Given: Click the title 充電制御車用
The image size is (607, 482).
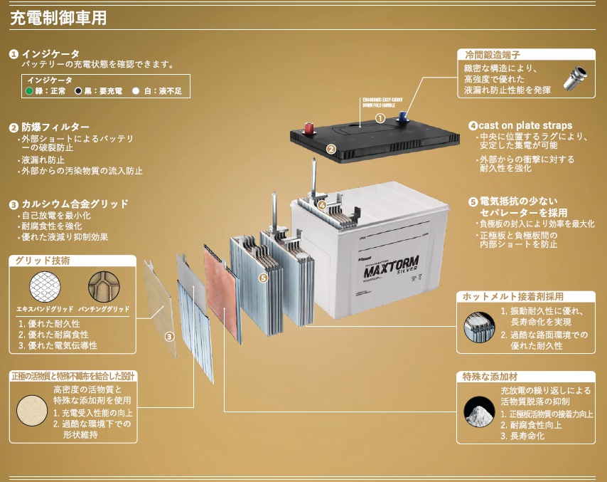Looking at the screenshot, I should [x=58, y=18].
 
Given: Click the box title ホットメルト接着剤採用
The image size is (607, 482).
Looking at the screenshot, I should [x=518, y=296].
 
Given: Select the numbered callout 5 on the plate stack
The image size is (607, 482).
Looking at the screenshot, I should [x=263, y=278].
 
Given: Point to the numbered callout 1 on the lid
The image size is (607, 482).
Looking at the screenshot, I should [x=380, y=117].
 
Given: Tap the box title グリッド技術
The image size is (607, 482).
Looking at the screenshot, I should [x=42, y=261].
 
